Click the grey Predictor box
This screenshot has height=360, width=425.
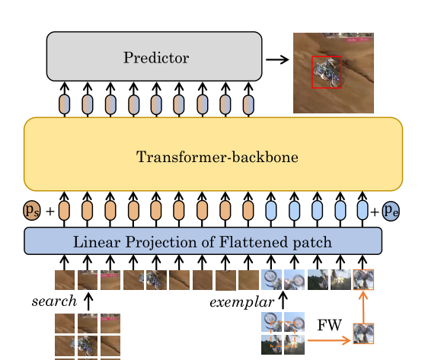154,56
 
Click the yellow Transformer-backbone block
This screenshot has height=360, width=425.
212,155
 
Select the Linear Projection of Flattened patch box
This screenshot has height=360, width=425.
203,241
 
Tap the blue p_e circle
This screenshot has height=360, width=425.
391,210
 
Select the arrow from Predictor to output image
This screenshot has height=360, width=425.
277,59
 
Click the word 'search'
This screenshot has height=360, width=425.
54,301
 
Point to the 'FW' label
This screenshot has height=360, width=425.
329,325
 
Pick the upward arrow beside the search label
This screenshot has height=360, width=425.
88,301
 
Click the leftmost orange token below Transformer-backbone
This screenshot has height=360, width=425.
64,210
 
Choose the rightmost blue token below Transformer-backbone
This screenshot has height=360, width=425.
362,210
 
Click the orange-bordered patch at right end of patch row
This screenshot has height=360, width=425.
363,280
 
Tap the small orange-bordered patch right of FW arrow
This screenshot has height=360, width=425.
363,334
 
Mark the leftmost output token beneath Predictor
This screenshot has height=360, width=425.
64,104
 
